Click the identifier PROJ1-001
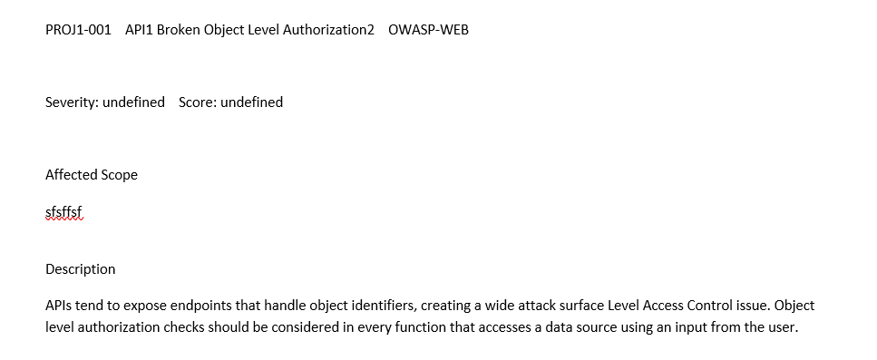[78, 30]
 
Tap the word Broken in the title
[179, 30]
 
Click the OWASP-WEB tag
[428, 30]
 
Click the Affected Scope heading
[92, 175]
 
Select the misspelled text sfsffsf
[63, 211]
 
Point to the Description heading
[81, 269]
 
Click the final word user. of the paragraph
[782, 327]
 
